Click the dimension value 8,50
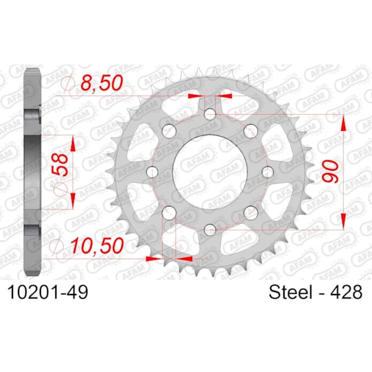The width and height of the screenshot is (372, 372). coord(102,83)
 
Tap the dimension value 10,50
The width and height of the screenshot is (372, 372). coord(97,246)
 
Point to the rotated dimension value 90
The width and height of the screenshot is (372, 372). coord(331,171)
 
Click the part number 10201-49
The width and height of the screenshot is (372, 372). coord(48,292)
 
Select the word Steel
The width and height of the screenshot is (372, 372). coord(290,292)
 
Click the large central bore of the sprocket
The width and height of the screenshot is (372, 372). coord(210,172)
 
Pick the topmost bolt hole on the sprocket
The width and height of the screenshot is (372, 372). coord(210,114)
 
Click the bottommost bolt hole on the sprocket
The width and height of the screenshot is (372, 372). coord(210,229)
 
